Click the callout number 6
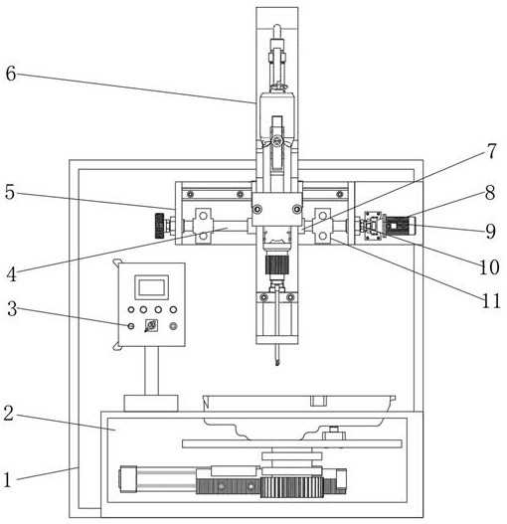[11, 74]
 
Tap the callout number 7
[491, 151]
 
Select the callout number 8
[490, 193]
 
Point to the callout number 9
[490, 231]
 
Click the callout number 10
[489, 267]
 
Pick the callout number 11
[491, 301]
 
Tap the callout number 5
[10, 192]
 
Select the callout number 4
[11, 274]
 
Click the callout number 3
[12, 308]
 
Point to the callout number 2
[9, 413]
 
